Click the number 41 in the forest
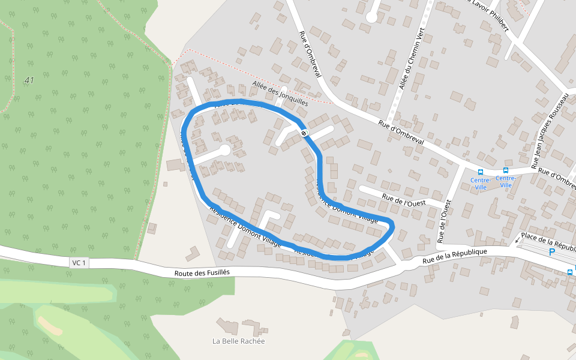29,80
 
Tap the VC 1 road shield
79,263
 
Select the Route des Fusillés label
202,272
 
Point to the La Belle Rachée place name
238,341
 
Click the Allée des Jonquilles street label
280,94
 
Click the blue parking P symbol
552,253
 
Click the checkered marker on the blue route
305,133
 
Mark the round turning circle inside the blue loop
224,150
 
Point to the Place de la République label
548,241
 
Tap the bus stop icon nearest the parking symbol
569,272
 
